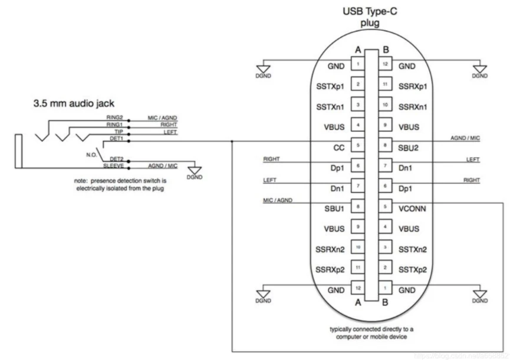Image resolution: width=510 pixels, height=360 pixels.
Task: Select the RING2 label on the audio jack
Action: pos(115,118)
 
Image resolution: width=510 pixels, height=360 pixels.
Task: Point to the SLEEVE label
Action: pos(114,167)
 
